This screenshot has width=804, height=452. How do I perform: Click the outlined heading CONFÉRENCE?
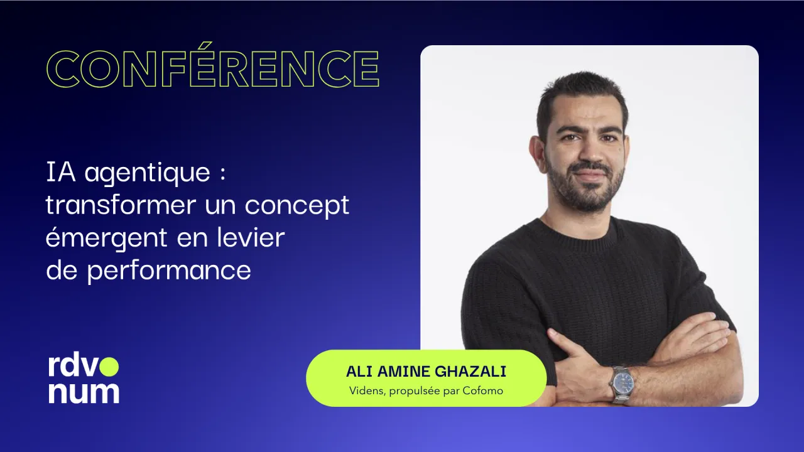[213, 68]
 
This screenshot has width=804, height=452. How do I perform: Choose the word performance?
[169, 271]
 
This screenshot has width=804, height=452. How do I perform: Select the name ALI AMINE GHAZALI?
[426, 371]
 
